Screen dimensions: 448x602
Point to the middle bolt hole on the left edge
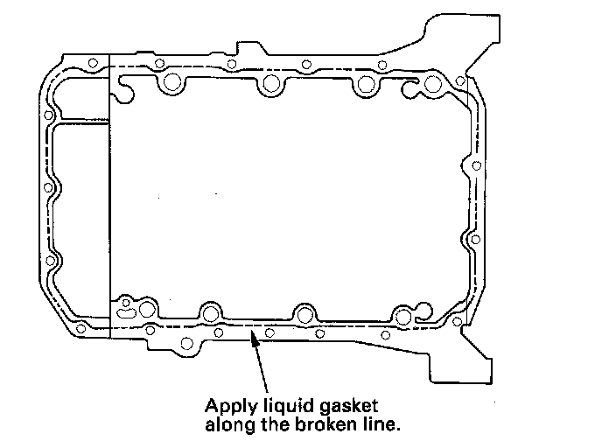click(x=49, y=186)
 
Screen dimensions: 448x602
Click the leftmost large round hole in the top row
click(x=171, y=84)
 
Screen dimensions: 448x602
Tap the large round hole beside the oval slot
click(x=143, y=309)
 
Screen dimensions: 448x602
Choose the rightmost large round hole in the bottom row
click(x=402, y=315)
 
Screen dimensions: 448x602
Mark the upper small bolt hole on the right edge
click(x=476, y=165)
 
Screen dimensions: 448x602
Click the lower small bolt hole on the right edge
click(x=474, y=238)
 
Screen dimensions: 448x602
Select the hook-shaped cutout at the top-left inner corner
click(x=123, y=85)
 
